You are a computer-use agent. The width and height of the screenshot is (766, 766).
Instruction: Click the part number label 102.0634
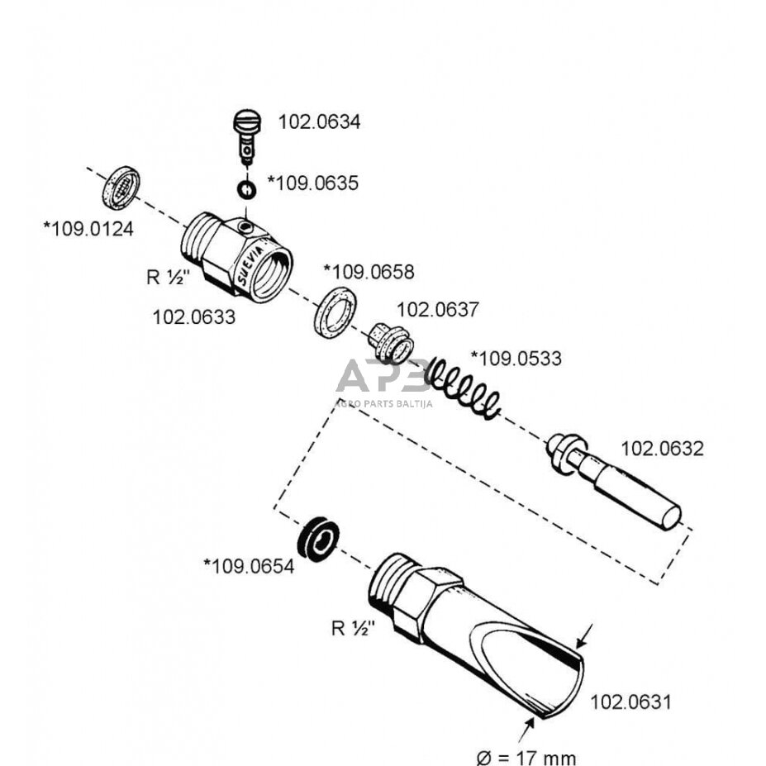pyautogui.click(x=319, y=122)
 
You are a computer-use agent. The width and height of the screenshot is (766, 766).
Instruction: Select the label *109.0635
pyautogui.click(x=313, y=183)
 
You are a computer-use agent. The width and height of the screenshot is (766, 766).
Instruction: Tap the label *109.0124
pyautogui.click(x=88, y=227)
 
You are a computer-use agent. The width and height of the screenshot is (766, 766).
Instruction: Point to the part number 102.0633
pyautogui.click(x=193, y=316)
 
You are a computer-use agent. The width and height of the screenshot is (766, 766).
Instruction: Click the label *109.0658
pyautogui.click(x=369, y=271)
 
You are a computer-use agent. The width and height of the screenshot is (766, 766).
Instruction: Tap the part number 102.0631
pyautogui.click(x=630, y=702)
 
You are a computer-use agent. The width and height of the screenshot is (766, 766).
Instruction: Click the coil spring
pyautogui.click(x=464, y=386)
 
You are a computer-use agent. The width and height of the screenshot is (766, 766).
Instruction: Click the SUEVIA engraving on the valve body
pyautogui.click(x=250, y=264)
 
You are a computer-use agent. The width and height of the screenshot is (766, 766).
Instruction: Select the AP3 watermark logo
pyautogui.click(x=383, y=378)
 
